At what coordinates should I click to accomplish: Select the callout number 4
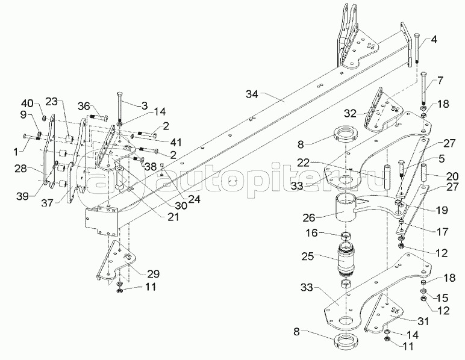point(434,42)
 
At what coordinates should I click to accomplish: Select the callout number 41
point(175,142)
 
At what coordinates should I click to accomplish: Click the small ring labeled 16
point(346,235)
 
